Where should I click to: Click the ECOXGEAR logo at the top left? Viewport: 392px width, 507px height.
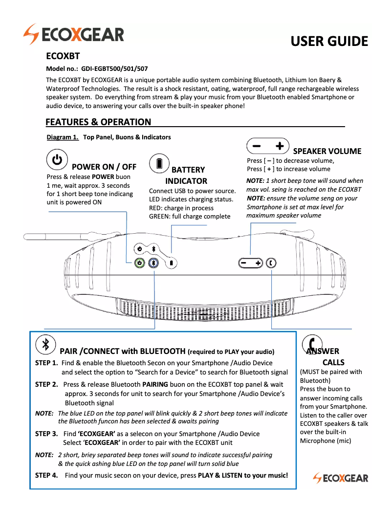tap(73, 35)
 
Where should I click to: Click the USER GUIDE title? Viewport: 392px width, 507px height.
tap(329, 41)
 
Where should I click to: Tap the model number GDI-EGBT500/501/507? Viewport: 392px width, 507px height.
tap(114, 69)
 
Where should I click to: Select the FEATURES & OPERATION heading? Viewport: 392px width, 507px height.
tap(98, 122)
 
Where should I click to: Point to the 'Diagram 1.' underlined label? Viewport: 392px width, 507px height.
tap(63, 137)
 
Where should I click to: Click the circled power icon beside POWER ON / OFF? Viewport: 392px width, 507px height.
tap(57, 160)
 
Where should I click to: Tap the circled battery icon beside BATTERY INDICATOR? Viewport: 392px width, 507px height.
tap(159, 164)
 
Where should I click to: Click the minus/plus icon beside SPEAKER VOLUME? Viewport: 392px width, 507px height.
tap(268, 146)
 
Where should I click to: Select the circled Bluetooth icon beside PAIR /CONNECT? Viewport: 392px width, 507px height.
tap(45, 344)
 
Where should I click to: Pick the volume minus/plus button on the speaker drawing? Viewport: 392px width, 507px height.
tap(251, 263)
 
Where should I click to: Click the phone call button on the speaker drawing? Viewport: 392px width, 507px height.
tap(271, 263)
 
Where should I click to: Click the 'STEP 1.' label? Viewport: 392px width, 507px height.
tap(46, 363)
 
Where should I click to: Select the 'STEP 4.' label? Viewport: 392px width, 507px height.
tap(46, 475)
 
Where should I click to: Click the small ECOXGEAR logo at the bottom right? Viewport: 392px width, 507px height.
tap(341, 478)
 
